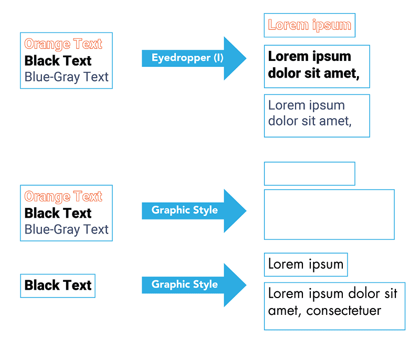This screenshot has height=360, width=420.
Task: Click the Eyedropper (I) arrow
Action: pos(194,58)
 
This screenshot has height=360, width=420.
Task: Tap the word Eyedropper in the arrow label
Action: pos(181,58)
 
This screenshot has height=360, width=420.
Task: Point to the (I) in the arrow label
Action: pos(218,58)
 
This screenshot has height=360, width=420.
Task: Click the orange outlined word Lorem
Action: pos(288,25)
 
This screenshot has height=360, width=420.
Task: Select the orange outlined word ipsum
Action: pos(332,25)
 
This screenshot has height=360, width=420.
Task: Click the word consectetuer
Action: pos(343,311)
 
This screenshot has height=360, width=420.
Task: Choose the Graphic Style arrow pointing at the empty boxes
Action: pos(194,211)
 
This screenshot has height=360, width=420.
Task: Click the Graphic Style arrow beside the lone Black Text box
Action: pos(194,285)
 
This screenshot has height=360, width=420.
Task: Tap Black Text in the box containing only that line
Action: pos(58,285)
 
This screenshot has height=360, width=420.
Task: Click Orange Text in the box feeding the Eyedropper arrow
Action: pos(63,44)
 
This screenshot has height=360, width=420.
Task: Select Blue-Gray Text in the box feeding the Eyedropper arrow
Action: pos(67,77)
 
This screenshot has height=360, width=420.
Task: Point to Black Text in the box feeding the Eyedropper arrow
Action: pos(58,61)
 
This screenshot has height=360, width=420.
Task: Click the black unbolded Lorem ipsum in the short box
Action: pos(306,264)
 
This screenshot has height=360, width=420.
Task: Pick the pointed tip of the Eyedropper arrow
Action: pos(246,58)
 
